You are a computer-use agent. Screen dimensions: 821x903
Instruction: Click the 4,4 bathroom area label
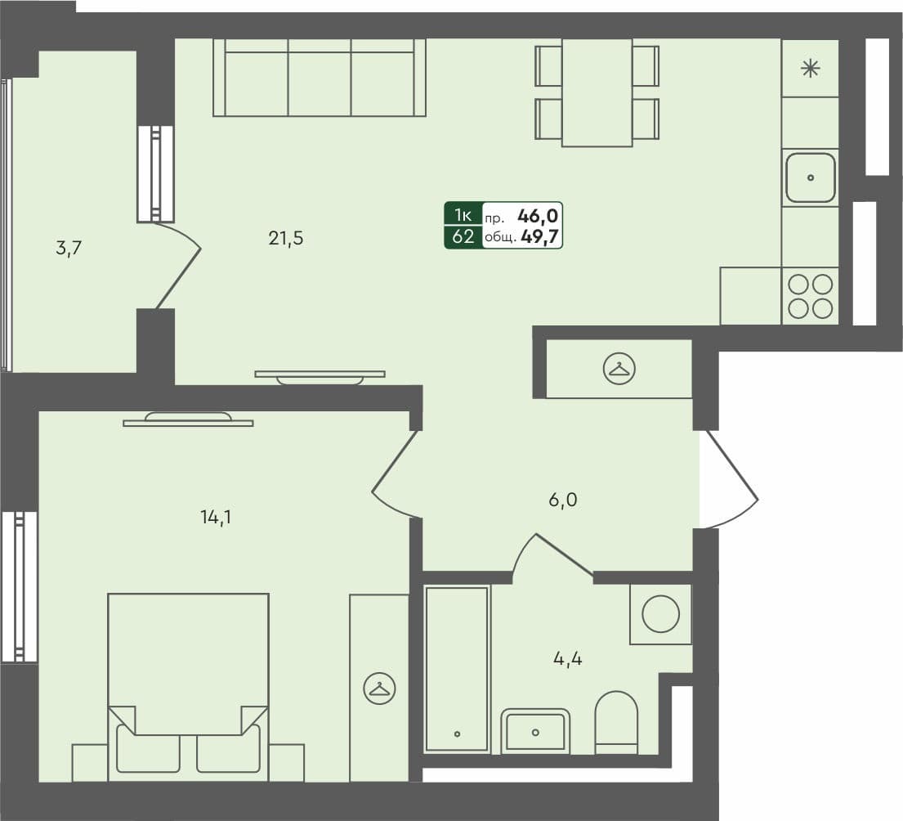567,658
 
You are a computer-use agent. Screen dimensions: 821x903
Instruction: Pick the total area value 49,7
543,238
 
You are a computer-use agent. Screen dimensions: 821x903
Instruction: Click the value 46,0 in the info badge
538,216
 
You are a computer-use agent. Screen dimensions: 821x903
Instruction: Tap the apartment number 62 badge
463,238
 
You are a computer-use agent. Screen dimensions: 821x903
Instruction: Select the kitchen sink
811,177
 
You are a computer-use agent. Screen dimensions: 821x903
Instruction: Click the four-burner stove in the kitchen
811,296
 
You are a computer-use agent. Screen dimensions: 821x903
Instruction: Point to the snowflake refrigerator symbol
810,69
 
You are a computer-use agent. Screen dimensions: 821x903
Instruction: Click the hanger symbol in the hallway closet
619,370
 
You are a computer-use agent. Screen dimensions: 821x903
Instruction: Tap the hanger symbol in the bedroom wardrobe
379,688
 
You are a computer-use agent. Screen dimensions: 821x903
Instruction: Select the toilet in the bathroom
616,721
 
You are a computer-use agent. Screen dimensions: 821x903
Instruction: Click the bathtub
457,667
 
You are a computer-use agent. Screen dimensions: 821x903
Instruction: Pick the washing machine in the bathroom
660,613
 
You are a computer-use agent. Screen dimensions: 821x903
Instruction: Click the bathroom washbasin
535,730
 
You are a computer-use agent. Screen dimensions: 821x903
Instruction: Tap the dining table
597,92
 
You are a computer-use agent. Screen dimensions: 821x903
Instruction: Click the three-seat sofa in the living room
320,78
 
